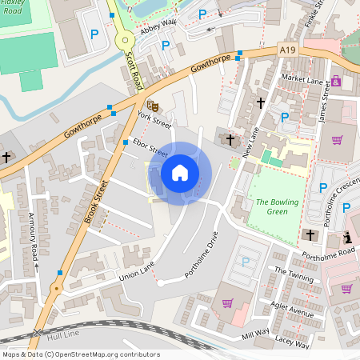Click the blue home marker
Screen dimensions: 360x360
[x=180, y=172]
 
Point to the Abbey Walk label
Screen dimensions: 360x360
[x=158, y=27]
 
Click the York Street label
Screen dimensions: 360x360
[x=154, y=120]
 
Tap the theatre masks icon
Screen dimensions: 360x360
[x=152, y=104]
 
